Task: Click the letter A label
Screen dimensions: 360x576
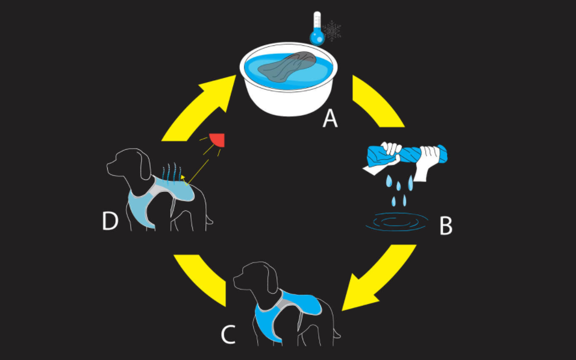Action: pos(330,118)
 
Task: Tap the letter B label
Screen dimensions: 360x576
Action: pos(445,226)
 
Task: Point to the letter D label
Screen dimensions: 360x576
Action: pos(110,222)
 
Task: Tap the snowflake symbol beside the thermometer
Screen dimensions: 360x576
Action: pos(332,31)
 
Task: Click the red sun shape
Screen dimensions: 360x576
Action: pos(218,141)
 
